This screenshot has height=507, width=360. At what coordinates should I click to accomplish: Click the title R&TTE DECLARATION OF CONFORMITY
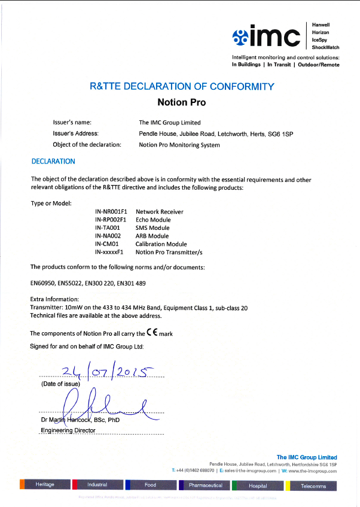point(182,87)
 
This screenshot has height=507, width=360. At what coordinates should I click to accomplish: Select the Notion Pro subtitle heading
point(181,102)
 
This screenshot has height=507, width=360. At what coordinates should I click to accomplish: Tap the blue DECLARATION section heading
point(53,161)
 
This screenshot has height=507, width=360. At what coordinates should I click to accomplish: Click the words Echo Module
point(153,220)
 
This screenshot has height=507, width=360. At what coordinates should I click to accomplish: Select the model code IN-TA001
point(108,228)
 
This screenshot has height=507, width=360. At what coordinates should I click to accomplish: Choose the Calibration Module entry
point(161,244)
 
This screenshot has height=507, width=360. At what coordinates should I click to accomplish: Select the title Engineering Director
point(68,430)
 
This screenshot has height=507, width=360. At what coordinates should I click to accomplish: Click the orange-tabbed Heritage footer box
point(45,485)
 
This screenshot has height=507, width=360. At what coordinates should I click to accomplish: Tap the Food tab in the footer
point(150,485)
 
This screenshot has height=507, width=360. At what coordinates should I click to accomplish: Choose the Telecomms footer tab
point(313,486)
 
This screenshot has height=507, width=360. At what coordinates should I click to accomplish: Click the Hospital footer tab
point(258,486)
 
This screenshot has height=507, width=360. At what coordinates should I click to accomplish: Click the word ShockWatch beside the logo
point(326,47)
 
